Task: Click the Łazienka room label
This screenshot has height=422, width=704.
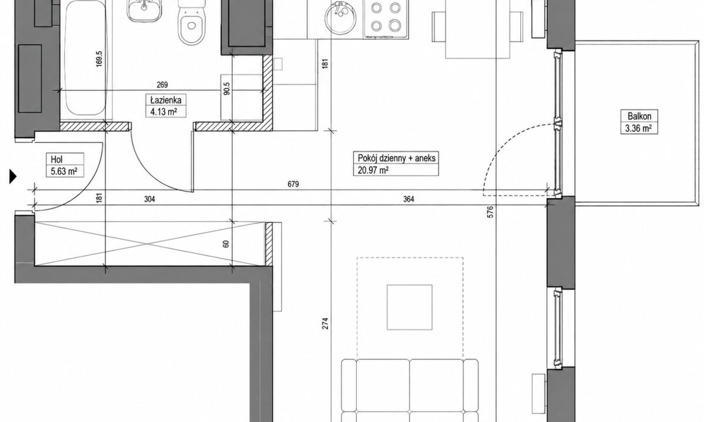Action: point(165,100)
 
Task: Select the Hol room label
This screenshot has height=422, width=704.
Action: point(57,159)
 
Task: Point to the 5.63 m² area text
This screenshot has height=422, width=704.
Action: point(64,171)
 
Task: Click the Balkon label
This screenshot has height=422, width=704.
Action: point(639,116)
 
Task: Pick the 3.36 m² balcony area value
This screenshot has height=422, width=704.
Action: point(638,128)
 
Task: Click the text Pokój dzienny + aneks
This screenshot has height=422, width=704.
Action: point(397,158)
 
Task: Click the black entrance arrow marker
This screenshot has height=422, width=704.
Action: point(12,176)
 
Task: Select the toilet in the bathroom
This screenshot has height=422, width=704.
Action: point(191,22)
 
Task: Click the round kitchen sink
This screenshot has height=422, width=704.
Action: point(341,19)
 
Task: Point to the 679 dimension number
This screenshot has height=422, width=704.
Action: point(293,184)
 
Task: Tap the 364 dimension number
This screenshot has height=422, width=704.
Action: point(408,199)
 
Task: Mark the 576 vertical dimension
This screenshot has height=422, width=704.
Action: point(490,212)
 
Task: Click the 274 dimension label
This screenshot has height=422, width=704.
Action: point(325,324)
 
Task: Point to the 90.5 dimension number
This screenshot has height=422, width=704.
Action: point(227,89)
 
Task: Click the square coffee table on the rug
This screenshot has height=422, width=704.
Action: point(409,307)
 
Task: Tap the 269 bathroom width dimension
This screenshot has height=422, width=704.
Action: point(162,85)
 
